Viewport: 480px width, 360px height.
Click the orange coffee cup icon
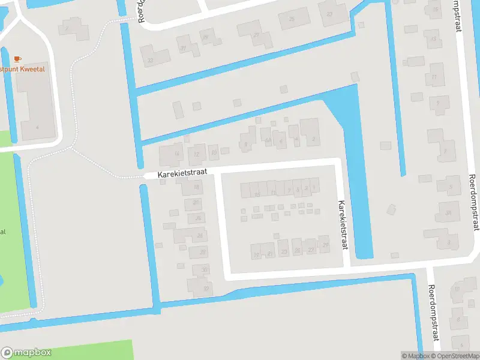tap(17, 59)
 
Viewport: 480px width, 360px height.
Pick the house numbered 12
tap(196, 154)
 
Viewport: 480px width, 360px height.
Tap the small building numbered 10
tap(214, 152)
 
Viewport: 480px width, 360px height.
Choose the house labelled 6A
tap(266, 140)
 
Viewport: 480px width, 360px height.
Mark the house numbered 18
tap(196, 188)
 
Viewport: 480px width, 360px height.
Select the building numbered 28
tap(202, 252)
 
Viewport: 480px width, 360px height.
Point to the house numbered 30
tap(205, 269)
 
